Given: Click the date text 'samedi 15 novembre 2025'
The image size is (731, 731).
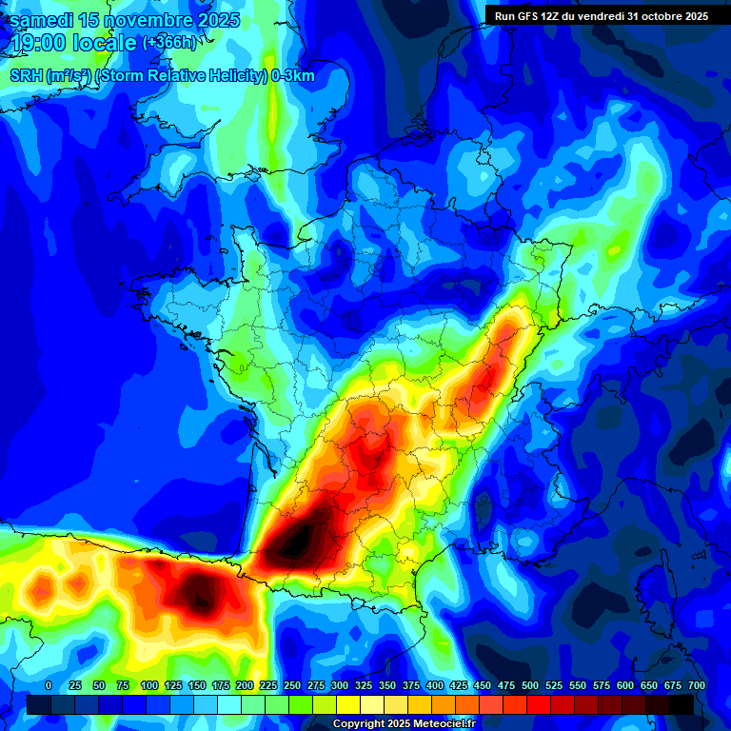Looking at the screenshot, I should click(124, 20).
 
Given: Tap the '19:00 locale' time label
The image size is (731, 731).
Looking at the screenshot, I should click(72, 43).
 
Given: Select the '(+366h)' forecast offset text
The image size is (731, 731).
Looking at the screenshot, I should click(169, 43).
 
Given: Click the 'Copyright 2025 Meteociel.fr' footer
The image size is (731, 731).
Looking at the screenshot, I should click(403, 724).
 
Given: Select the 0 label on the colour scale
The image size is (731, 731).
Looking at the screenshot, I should click(49, 685).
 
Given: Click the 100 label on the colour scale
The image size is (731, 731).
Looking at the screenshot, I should click(148, 685).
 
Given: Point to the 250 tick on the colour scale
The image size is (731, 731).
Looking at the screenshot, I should click(291, 685).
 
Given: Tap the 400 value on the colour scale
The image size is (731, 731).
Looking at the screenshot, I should click(434, 685).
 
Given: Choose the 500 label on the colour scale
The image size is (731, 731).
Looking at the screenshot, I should click(529, 685).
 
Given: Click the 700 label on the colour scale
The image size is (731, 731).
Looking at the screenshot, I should click(696, 685).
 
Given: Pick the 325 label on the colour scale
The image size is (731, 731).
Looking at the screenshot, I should click(363, 685).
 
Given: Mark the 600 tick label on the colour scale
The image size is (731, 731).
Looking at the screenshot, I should click(624, 685).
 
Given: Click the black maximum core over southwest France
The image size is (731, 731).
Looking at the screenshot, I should click(298, 541).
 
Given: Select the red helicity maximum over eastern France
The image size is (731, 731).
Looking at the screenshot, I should click(485, 381).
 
